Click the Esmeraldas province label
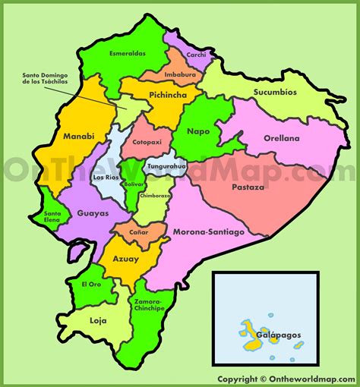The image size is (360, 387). [x=128, y=54]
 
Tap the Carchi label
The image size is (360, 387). [x=196, y=55]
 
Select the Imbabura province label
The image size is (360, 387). [x=178, y=74]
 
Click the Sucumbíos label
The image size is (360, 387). [x=275, y=91]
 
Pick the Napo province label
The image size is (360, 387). [x=197, y=131]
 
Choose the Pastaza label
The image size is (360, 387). [x=248, y=186]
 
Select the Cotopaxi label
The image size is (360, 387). [x=147, y=142]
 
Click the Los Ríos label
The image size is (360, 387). [x=105, y=178]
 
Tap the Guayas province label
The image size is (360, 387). [x=93, y=213]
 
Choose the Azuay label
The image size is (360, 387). [x=126, y=259]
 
